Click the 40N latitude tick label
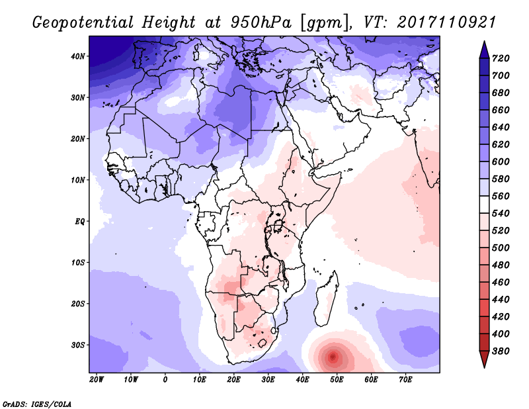[x=78, y=56]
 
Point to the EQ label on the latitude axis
[x=79, y=221]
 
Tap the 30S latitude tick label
[x=78, y=345]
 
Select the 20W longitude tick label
[x=97, y=379]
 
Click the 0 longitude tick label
[x=165, y=379]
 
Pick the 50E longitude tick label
[x=337, y=379]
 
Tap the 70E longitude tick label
[x=405, y=379]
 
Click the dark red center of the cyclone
[x=333, y=357]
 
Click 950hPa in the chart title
[x=261, y=22]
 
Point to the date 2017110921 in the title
[x=446, y=22]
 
